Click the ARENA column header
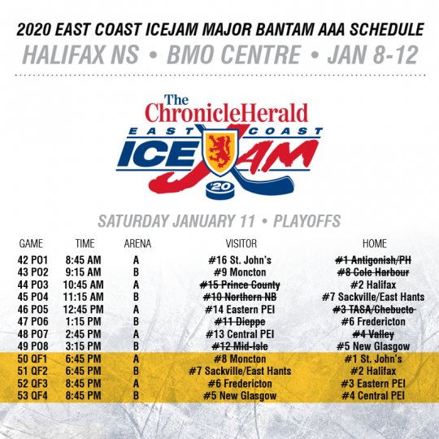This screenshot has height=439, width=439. [137, 244]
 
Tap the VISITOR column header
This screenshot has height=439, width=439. [241, 244]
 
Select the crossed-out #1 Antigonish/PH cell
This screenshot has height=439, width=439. [373, 260]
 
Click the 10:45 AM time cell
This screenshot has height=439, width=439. [83, 285]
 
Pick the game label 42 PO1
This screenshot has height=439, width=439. [33, 260]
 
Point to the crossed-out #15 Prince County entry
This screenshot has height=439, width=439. [240, 285]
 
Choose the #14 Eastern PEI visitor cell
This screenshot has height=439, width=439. [240, 310]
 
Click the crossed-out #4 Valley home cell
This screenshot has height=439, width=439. [373, 334]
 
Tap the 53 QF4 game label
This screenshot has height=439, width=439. [33, 396]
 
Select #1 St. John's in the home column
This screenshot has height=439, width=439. [373, 359]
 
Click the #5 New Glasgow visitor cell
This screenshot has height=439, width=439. [240, 396]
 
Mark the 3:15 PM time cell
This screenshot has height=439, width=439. [83, 346]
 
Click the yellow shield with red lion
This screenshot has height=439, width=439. [220, 152]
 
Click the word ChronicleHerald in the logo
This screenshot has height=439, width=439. [227, 112]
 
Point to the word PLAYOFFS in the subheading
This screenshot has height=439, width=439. [306, 221]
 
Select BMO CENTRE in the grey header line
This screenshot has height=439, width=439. [234, 54]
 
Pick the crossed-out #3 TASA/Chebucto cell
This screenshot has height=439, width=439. [373, 310]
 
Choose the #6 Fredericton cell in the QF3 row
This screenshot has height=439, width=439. [240, 383]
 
